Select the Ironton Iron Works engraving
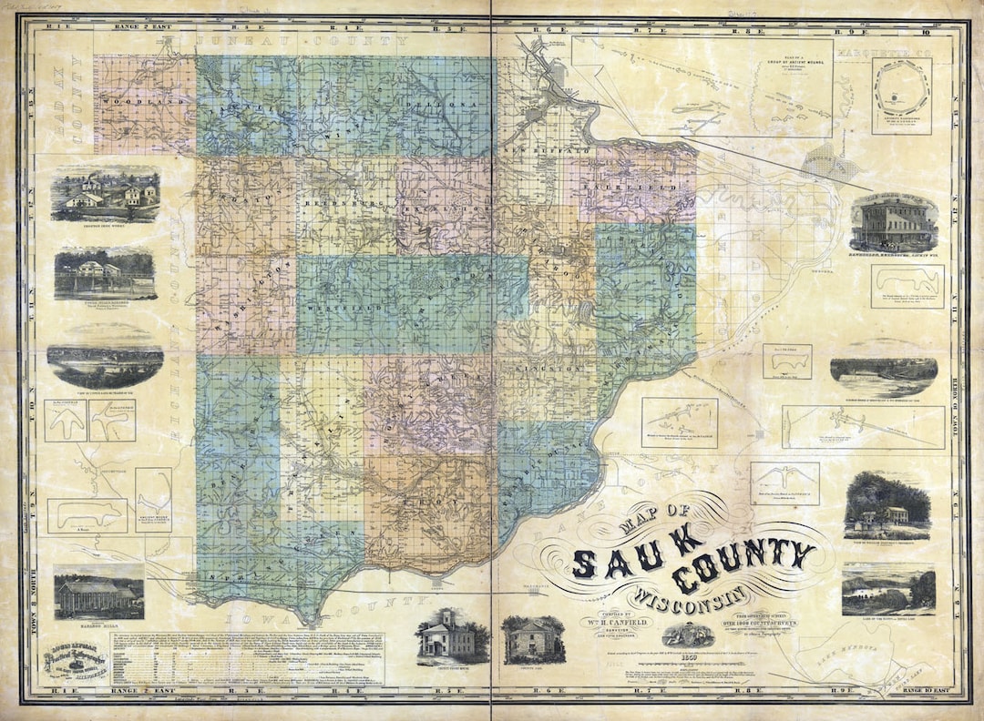coord(105,193)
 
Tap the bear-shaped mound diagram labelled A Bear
coord(87,513)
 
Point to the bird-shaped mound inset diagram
coord(784,480)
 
